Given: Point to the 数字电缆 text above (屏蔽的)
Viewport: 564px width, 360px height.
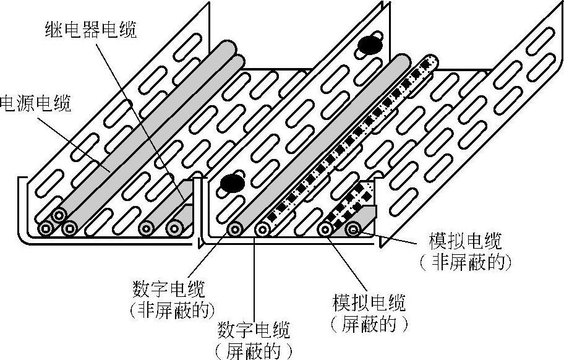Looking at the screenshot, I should click(x=254, y=330).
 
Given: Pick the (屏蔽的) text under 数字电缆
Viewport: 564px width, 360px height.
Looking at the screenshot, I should click(x=254, y=351).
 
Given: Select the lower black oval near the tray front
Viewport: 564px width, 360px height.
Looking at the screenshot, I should click(x=231, y=182).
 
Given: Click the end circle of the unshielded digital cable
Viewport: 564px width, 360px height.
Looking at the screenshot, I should click(x=234, y=229).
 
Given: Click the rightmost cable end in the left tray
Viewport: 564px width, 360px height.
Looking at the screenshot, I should click(x=174, y=229).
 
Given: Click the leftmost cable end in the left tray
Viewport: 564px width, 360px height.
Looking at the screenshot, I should click(x=46, y=229).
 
